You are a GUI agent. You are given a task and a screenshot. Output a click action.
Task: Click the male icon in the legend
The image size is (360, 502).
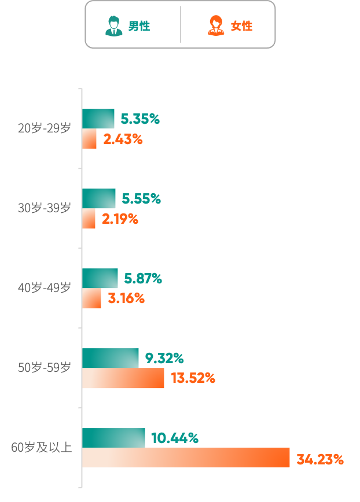(x=113, y=26)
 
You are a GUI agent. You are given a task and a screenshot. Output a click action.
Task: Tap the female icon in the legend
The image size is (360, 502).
(x=216, y=26)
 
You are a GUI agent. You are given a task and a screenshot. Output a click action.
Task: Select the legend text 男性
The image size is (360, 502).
(x=139, y=26)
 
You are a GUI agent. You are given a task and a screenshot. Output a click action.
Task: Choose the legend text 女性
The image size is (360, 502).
(x=241, y=26)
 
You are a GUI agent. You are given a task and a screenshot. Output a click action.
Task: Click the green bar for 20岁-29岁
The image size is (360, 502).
(x=98, y=119)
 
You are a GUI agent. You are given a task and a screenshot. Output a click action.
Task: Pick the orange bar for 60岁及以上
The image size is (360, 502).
(x=185, y=457)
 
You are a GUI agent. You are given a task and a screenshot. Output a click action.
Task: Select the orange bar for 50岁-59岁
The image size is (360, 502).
(x=123, y=378)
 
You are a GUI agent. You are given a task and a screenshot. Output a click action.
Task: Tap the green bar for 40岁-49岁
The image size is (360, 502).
(x=100, y=278)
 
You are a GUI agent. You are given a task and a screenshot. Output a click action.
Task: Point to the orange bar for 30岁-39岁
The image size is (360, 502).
(x=89, y=219)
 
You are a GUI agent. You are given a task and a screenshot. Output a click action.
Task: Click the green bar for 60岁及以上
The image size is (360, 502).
(x=113, y=438)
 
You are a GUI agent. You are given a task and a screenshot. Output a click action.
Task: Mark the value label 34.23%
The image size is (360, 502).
(x=320, y=460)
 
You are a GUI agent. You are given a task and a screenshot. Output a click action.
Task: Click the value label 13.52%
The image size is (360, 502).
(x=193, y=379)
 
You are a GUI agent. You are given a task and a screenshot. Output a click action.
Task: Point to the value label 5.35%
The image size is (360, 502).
(x=139, y=119)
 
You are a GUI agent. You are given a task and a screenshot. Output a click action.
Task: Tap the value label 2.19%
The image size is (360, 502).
(x=120, y=219)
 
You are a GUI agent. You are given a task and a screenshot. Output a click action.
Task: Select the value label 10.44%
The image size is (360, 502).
(x=175, y=438)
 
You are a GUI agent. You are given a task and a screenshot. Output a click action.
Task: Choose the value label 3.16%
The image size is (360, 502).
(x=126, y=299)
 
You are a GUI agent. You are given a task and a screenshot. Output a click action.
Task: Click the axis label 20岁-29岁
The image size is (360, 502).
(x=45, y=128)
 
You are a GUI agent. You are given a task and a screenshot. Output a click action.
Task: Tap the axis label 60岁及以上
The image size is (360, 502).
(x=42, y=447)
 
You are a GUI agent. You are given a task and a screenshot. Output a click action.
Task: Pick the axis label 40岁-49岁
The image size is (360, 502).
(x=45, y=287)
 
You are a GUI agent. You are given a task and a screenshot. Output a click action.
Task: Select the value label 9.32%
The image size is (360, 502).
(x=164, y=359)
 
